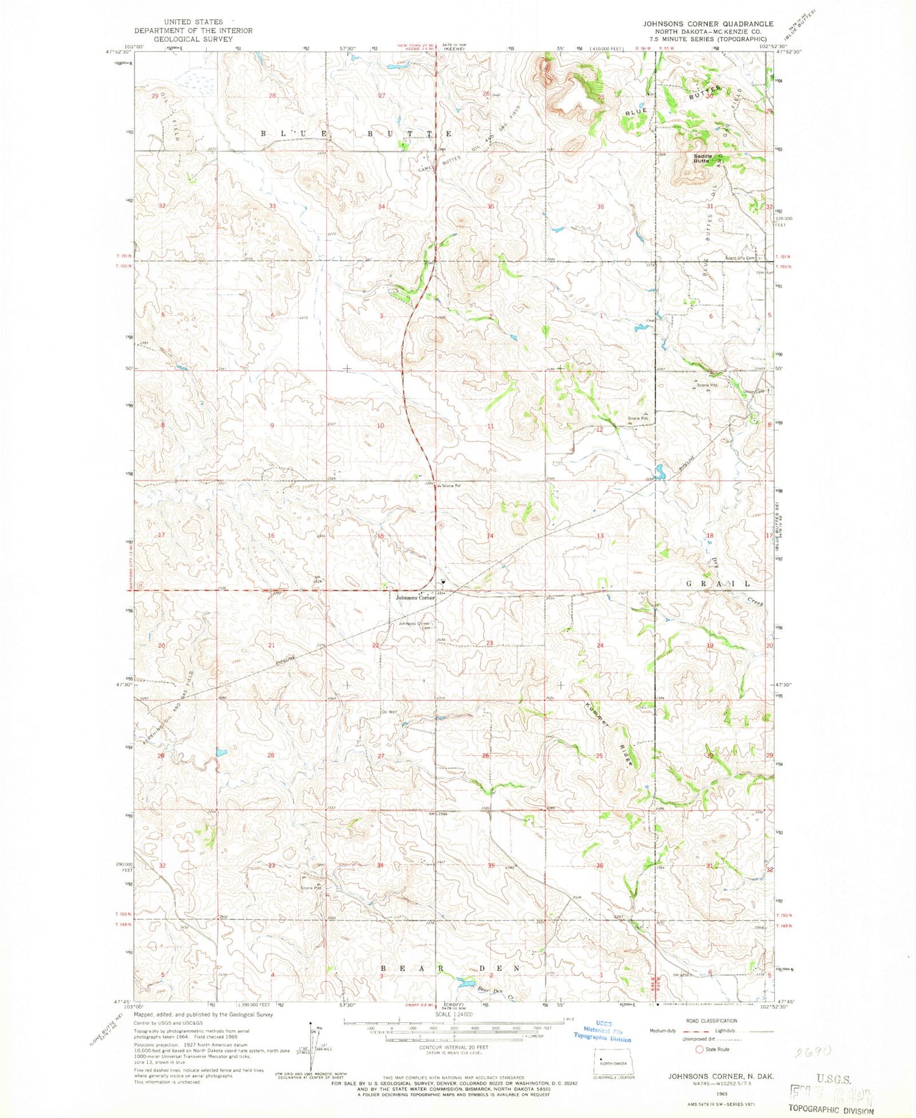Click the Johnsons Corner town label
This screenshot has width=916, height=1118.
point(415,598)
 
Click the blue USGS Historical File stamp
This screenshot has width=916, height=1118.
point(602,1034)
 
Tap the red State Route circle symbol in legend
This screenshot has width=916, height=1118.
point(700,1049)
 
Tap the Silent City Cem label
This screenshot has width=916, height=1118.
point(742,258)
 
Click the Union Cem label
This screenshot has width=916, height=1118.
point(754,391)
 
